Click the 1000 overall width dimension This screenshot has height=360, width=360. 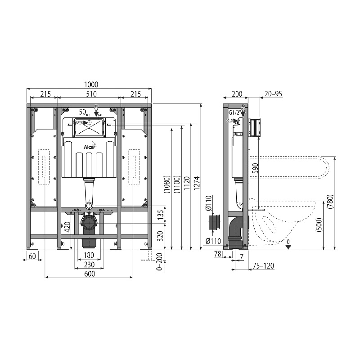tap(91, 85)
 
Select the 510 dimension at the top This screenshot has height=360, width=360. tap(91, 94)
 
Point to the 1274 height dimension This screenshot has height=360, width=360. tap(197, 183)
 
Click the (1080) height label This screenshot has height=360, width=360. tap(167, 184)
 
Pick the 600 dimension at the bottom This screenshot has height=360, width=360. tap(90, 274)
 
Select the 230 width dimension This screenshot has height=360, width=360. tap(89, 265)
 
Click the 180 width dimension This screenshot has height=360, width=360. tap(89, 255)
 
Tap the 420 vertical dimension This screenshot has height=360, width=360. tap(68, 227)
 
